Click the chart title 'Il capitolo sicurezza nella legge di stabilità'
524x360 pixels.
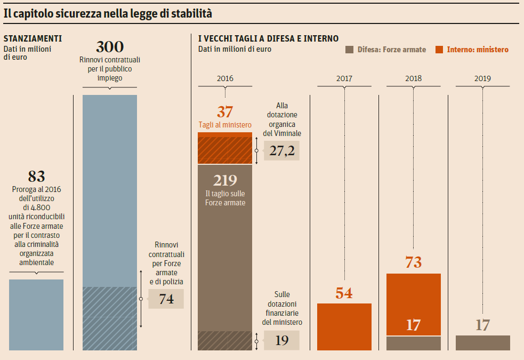point(108,14)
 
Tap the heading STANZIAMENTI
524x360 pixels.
point(33,39)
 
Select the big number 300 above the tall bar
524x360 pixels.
point(110,47)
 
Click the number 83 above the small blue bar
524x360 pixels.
point(36,177)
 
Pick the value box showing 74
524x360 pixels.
point(166,299)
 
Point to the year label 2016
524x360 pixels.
point(225,78)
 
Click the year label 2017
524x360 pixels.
point(344,78)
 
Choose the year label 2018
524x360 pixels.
point(413,78)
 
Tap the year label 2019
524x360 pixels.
point(482,78)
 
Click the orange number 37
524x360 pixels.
point(225,112)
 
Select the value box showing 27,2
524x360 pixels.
point(281,151)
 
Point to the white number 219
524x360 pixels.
point(225,181)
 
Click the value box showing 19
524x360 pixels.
point(281,340)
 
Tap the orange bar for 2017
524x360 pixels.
point(344,326)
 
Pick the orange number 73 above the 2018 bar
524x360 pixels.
point(413,262)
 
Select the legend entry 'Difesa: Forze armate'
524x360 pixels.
point(386,50)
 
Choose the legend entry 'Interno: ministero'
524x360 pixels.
point(472,50)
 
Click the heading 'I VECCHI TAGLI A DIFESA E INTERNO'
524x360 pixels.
point(268,39)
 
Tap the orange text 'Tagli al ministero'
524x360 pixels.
point(225,125)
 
